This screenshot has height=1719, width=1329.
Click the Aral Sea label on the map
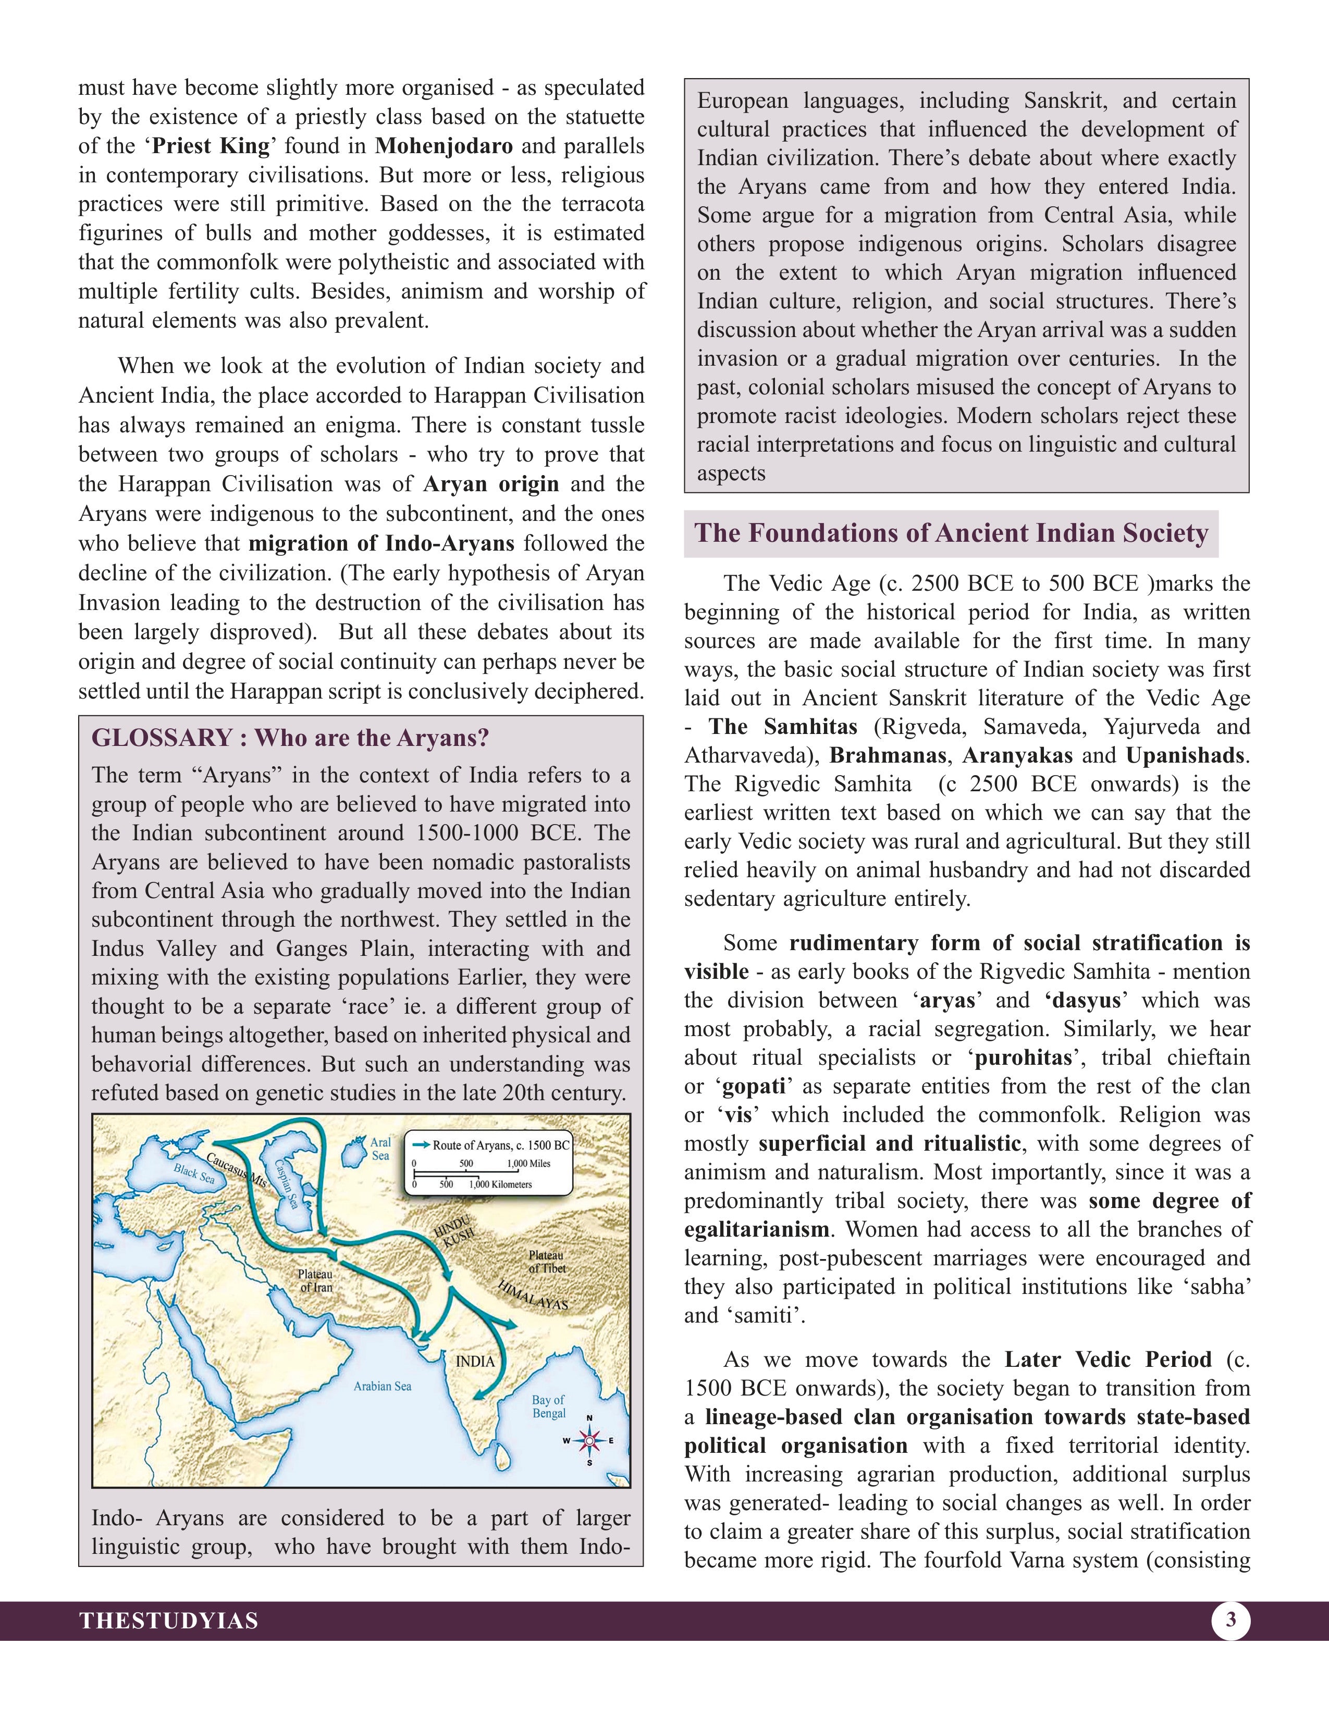[380, 1149]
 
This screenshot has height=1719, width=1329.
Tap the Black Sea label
[194, 1174]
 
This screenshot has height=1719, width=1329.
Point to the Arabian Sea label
[382, 1386]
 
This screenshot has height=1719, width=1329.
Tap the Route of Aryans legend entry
[490, 1145]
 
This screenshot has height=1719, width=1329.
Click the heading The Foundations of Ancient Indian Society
[950, 533]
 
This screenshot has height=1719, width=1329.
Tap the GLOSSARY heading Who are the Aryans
[290, 738]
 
